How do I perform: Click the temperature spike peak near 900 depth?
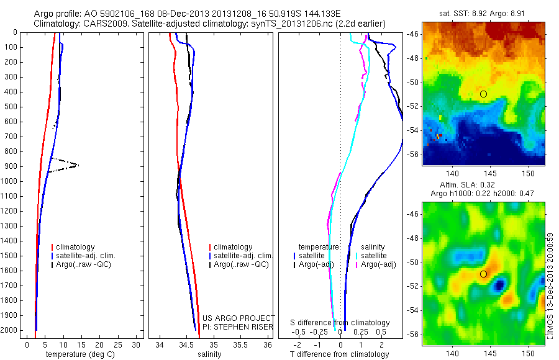78,165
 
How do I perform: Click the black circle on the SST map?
483,94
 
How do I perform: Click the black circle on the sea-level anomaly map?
483,274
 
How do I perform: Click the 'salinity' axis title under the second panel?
209,354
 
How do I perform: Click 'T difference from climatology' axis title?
340,354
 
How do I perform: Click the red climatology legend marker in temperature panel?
52,247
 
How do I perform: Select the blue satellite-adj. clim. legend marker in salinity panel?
210,256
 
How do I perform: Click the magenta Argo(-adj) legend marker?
357,265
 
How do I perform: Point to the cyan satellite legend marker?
357,256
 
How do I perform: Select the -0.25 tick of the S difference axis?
319,332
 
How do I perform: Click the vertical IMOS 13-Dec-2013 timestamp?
550,286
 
